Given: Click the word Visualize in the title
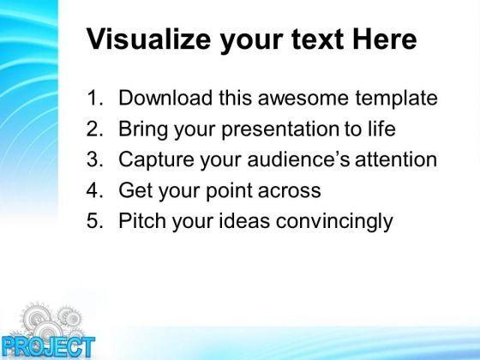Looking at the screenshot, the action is pyautogui.click(x=149, y=39).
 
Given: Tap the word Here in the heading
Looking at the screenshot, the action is pyautogui.click(x=385, y=39).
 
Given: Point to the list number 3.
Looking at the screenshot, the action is pyautogui.click(x=95, y=159).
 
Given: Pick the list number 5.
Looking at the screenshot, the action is pyautogui.click(x=95, y=221).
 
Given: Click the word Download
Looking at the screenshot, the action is pyautogui.click(x=165, y=98).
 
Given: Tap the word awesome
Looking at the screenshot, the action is pyautogui.click(x=303, y=98).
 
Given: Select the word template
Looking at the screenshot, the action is pyautogui.click(x=396, y=99).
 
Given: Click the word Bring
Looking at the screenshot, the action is pyautogui.click(x=143, y=129).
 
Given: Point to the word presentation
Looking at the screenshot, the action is pyautogui.click(x=279, y=129).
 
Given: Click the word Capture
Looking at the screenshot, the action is pyautogui.click(x=156, y=159).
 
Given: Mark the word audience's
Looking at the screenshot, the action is pyautogui.click(x=298, y=159).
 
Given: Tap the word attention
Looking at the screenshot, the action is pyautogui.click(x=396, y=159).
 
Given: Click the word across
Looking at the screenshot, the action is pyautogui.click(x=290, y=191).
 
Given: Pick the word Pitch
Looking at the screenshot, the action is pyautogui.click(x=142, y=220).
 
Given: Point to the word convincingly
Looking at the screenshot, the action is pyautogui.click(x=334, y=221).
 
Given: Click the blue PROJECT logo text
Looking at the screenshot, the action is pyautogui.click(x=48, y=347).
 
